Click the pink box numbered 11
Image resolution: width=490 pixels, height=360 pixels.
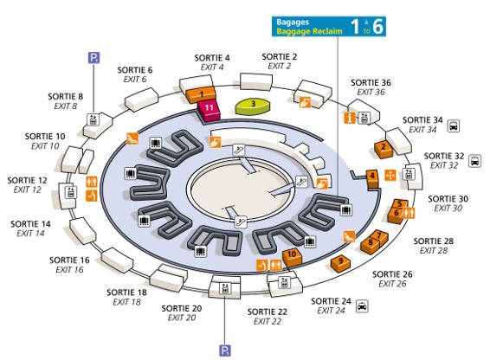click(209, 111)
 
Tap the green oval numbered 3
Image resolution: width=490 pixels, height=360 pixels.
click(253, 106)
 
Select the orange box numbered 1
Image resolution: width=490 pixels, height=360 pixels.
click(201, 95)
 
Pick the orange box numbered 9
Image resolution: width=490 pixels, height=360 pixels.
click(340, 263)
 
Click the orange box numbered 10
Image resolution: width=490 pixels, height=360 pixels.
click(293, 258)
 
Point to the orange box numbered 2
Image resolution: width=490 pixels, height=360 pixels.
click(384, 150)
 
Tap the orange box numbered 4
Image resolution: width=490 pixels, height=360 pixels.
click(372, 179)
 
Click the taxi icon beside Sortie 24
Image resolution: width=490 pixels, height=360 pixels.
click(362, 306)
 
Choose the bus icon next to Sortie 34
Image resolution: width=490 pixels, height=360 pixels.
click(454, 126)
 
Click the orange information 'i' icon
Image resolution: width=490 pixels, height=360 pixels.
click(350, 118)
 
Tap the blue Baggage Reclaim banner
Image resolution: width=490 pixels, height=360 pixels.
click(329, 27)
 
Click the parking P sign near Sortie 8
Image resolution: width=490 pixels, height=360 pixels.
click(93, 58)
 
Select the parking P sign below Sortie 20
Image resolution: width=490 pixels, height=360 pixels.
click(225, 350)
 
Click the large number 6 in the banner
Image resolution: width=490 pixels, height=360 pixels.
click(377, 26)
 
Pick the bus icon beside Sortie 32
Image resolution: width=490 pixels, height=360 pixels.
click(474, 161)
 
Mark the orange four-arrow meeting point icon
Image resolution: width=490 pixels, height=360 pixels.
click(390, 176)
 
